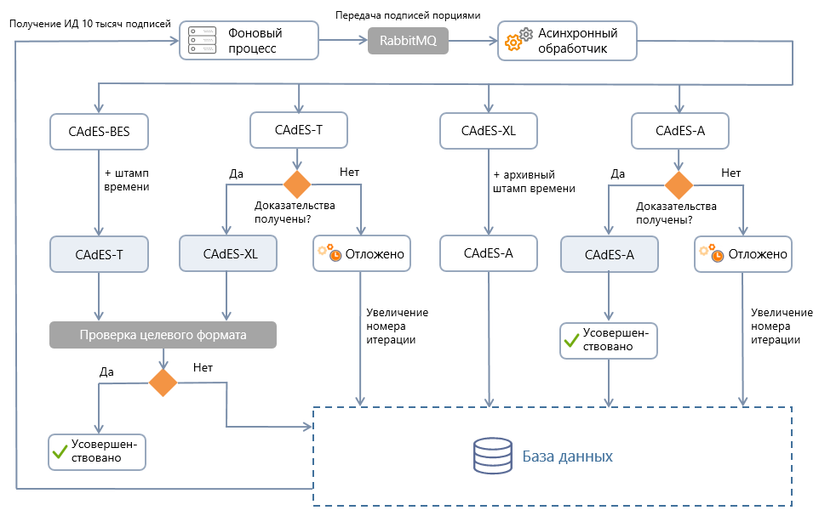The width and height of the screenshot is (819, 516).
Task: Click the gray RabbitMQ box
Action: click(x=408, y=42)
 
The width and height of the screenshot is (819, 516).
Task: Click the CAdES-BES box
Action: click(x=100, y=131)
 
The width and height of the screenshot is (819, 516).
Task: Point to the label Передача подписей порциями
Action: click(x=408, y=15)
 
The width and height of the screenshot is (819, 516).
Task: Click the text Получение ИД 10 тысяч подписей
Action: click(x=89, y=23)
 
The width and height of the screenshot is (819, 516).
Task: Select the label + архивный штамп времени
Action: click(x=535, y=181)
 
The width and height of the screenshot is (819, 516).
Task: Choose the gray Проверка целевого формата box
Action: click(x=163, y=335)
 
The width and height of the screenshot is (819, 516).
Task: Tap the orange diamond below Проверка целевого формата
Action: click(x=163, y=383)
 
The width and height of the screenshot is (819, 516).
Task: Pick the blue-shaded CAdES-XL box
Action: click(x=228, y=253)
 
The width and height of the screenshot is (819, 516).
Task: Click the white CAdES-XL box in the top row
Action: click(x=489, y=131)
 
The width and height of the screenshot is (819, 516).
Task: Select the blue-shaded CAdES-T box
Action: click(x=100, y=253)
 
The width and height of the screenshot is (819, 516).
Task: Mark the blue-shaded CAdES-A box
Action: click(x=610, y=253)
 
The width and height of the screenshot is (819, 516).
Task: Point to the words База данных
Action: click(x=567, y=456)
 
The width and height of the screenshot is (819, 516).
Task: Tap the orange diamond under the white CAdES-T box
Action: click(x=296, y=184)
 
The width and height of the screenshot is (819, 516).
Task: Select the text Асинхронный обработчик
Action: click(x=578, y=40)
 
